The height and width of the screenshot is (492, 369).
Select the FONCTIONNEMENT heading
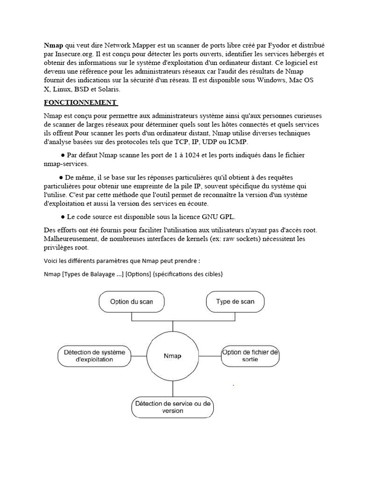80,102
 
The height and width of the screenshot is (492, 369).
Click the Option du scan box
132,302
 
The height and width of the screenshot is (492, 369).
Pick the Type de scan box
235,302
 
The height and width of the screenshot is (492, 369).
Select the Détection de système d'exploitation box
94,356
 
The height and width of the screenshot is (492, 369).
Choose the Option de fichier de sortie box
250,356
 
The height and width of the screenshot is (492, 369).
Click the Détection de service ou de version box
172,407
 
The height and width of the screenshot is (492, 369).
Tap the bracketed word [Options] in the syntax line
138,274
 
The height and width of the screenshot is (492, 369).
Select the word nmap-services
65,164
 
